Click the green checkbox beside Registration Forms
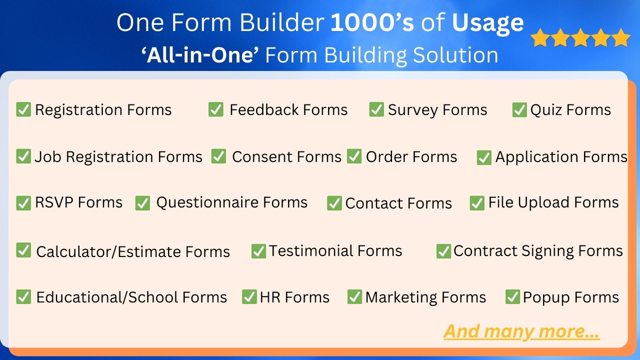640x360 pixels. point(23,109)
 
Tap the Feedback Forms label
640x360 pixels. point(288,110)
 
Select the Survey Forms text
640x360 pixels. point(437,110)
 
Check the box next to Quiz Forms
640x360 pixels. point(519,110)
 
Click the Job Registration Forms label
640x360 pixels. point(118,157)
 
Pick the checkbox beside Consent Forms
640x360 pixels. point(219,156)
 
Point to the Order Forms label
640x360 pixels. point(411,157)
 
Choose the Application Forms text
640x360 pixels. point(561,157)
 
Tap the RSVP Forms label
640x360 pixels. point(78,203)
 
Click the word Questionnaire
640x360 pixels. point(207,203)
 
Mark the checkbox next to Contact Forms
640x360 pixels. point(334,203)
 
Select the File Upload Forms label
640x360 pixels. point(553,203)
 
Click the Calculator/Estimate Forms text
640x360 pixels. point(133,252)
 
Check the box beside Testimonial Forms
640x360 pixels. point(259,251)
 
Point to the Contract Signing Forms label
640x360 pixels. point(538,251)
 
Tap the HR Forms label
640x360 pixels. point(294,297)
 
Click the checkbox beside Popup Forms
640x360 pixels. point(513,297)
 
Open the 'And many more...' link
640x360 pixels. point(522,331)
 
